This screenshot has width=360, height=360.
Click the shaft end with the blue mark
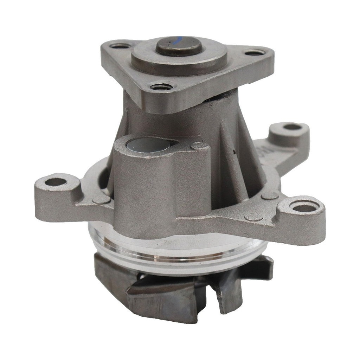(179, 45)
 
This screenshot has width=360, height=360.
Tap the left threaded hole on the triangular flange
(120, 46)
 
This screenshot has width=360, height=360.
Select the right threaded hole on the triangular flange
(255, 53)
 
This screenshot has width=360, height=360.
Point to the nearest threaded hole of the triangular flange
(161, 86)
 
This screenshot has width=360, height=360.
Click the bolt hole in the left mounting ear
(56, 182)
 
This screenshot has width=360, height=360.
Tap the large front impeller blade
(162, 299)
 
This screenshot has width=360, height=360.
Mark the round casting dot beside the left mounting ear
(101, 200)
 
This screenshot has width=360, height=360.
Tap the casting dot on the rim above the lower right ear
(270, 195)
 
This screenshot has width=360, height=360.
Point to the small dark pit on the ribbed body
(234, 152)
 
